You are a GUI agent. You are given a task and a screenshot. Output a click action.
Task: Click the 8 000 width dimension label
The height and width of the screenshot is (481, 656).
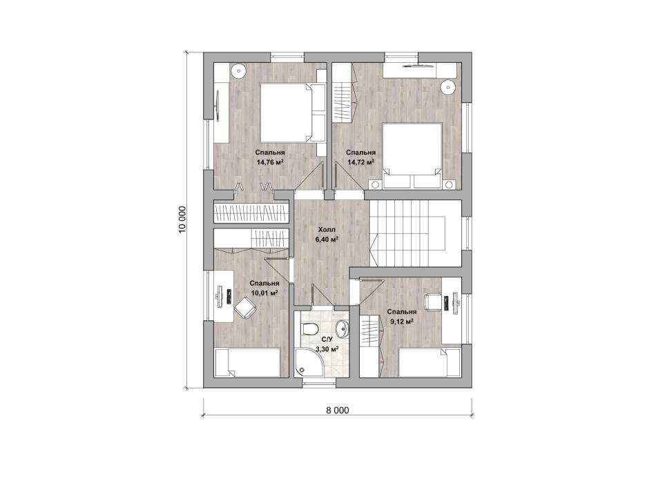click(337, 411)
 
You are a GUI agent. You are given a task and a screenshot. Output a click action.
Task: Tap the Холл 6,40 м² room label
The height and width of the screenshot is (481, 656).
click(327, 235)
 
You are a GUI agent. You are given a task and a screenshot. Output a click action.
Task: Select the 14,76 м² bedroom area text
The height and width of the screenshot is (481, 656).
click(270, 162)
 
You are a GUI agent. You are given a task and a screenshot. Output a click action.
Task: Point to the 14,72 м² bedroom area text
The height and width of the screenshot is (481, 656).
click(360, 162)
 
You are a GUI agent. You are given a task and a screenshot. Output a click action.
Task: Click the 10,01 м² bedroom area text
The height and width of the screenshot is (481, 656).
click(264, 293)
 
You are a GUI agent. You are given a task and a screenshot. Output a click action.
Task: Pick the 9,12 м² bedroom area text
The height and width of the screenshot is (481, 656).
click(402, 321)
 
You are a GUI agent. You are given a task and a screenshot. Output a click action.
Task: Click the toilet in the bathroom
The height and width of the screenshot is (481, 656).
click(311, 329)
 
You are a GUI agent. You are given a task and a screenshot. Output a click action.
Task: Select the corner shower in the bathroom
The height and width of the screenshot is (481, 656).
click(307, 362)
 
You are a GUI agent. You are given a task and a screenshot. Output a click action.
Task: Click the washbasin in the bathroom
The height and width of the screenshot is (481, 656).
click(343, 328)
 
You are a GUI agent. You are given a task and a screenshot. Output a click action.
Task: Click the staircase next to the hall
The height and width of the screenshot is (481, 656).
click(416, 233)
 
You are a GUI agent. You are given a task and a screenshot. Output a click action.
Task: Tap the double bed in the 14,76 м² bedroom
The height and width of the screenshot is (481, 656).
click(293, 112)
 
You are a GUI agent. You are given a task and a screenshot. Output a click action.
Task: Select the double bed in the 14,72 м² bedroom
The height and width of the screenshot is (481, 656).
click(412, 155)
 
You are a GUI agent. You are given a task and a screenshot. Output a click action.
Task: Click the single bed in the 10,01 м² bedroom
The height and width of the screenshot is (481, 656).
click(247, 363)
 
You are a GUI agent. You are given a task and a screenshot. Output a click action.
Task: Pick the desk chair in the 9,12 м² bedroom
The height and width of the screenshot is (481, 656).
click(433, 302)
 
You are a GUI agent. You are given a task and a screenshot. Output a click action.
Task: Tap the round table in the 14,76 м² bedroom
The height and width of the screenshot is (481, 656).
click(238, 70)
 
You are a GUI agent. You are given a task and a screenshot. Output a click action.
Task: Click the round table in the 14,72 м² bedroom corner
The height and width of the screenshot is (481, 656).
click(447, 86)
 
